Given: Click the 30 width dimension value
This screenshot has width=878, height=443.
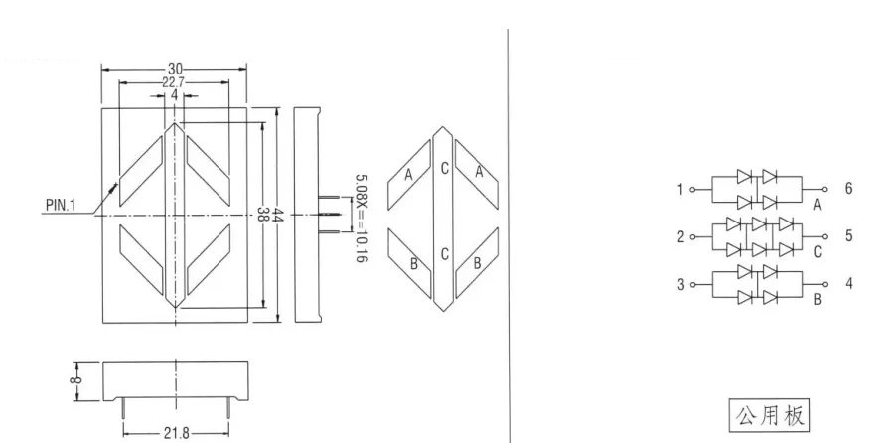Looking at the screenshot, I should [x=174, y=69].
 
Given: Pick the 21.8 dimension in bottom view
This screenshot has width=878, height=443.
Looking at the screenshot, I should [x=175, y=433].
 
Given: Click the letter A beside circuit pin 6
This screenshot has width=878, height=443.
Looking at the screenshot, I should [x=817, y=205].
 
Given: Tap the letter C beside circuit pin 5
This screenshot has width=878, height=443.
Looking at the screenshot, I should [x=817, y=253].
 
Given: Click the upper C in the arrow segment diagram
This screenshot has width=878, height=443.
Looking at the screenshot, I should [x=444, y=169].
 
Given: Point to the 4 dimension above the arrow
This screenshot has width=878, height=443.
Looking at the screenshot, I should [x=174, y=96].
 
